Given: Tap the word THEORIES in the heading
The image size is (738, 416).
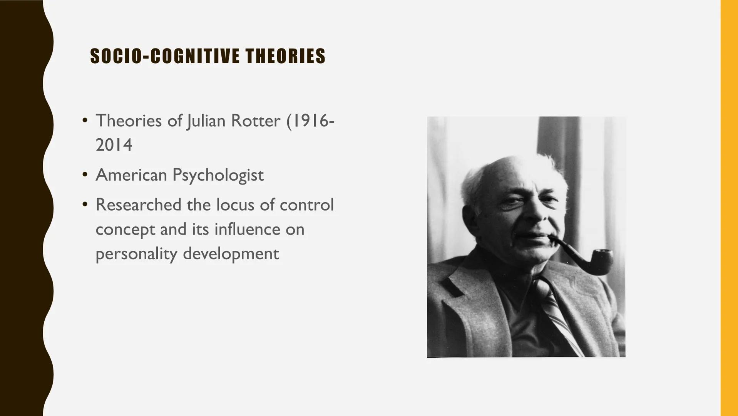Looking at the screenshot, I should (x=286, y=56).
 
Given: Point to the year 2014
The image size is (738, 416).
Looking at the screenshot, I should (x=114, y=145).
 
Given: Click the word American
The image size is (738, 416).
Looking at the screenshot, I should (x=131, y=175).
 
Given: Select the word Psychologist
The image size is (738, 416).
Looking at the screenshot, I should (x=218, y=175).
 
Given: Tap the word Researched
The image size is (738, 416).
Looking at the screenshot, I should (x=138, y=205).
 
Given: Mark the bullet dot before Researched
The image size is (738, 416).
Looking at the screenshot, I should (x=85, y=205).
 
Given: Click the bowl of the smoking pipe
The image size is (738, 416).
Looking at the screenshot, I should (x=601, y=261).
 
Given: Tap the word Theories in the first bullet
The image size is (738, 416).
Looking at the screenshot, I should (x=129, y=121).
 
